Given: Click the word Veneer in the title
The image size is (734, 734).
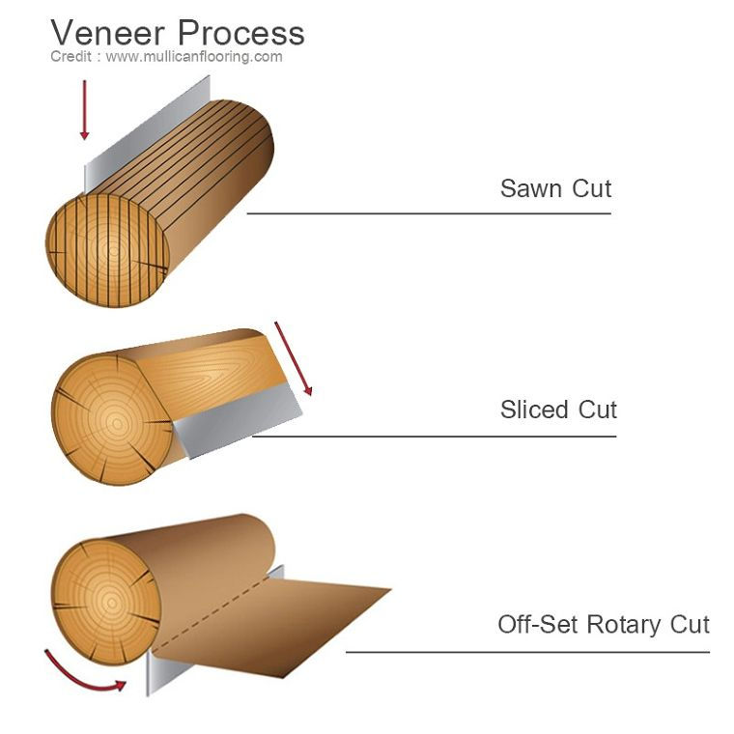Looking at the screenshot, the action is point(107,33).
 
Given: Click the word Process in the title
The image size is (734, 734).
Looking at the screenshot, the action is point(241,33).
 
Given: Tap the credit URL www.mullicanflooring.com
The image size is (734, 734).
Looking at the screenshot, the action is point(194,57).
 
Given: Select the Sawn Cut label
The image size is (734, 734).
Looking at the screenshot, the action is point(555,188).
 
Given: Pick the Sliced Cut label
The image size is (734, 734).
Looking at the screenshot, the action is point(558,409).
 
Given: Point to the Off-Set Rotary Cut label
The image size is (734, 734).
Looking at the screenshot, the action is point(604,625).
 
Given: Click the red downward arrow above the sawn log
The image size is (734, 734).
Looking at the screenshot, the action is point(84,109).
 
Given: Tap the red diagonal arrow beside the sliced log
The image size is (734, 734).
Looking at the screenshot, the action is point(293,358).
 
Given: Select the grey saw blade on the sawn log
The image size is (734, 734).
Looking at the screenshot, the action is point(147,133).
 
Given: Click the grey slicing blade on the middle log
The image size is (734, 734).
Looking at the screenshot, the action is point(238,419).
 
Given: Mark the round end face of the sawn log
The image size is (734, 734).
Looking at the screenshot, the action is point(107,250).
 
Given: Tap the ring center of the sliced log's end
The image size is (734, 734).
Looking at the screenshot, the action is point(117,424).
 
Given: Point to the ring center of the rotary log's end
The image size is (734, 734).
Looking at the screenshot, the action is point(111,603).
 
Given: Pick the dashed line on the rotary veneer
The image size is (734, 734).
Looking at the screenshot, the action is point(212,612).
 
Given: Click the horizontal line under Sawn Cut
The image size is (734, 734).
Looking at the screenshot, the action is point(429,213).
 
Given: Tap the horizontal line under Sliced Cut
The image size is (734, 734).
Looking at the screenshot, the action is point(435,437).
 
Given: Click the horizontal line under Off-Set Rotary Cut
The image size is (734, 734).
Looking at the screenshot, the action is point(528,652).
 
